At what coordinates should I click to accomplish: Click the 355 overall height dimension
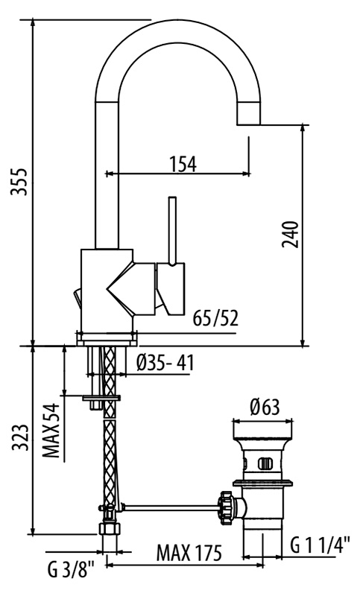(19, 181)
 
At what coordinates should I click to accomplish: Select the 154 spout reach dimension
(183, 164)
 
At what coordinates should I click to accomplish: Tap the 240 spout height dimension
(291, 234)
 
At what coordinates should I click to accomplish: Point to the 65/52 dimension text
(215, 319)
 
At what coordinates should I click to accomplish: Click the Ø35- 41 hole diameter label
(165, 363)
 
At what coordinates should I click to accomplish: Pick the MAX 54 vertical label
(51, 431)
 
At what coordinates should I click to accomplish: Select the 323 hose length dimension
(20, 437)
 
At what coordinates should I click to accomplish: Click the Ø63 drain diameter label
(265, 407)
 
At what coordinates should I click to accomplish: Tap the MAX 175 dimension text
(189, 553)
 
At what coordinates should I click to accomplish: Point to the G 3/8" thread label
(71, 570)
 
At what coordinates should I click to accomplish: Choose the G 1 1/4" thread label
(320, 545)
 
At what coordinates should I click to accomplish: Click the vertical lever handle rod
(172, 230)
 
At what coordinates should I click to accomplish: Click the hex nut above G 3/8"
(110, 528)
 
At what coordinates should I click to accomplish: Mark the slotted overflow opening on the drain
(265, 463)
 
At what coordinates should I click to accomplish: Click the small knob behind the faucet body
(78, 299)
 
